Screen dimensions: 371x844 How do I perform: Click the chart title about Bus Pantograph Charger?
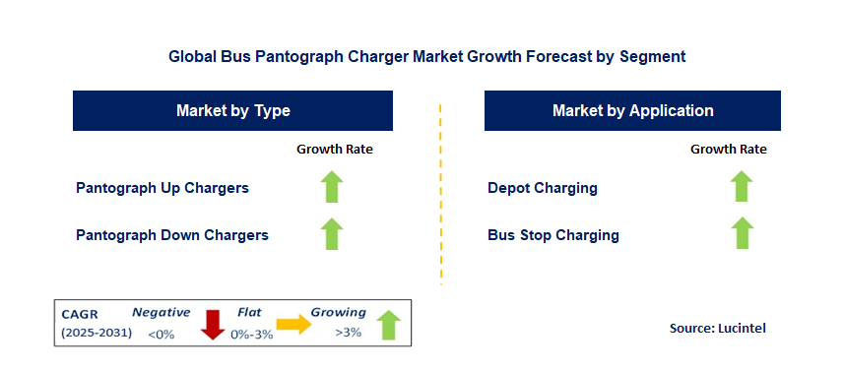click(x=426, y=56)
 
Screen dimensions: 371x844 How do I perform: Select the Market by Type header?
click(x=232, y=110)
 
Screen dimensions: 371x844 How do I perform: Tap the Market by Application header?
click(x=632, y=110)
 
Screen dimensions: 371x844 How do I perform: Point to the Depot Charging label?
click(x=543, y=187)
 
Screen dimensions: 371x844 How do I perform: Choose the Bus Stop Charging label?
click(x=553, y=235)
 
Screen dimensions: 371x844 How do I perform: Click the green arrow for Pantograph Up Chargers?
click(x=333, y=186)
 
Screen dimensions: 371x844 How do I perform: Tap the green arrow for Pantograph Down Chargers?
click(x=333, y=234)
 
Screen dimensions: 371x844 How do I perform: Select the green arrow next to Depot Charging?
click(x=742, y=186)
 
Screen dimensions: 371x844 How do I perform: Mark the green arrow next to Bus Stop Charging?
click(x=742, y=234)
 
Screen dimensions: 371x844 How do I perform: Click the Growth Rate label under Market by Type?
click(x=335, y=150)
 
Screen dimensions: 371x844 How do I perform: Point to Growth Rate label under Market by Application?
click(x=729, y=150)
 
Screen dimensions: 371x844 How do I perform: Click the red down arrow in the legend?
click(x=213, y=324)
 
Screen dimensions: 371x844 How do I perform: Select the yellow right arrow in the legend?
click(x=292, y=323)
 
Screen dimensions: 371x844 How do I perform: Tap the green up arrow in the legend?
click(x=388, y=324)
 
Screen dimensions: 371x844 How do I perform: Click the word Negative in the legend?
click(x=162, y=312)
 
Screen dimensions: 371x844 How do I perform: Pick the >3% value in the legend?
click(x=348, y=333)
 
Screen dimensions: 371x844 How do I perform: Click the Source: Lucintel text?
click(x=717, y=328)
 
